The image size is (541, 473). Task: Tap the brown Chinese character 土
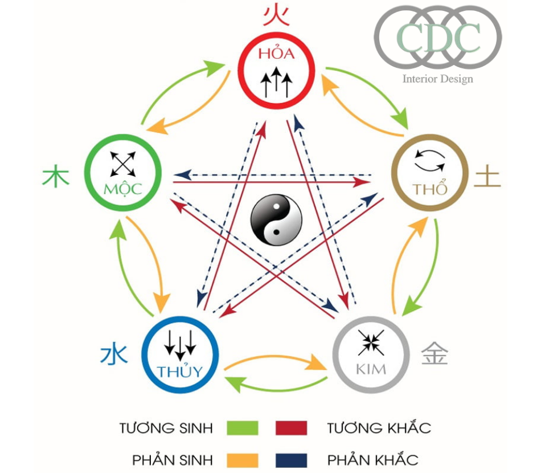(488, 176)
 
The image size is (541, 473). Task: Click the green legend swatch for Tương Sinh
(242, 428)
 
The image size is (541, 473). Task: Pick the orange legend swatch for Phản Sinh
(242, 459)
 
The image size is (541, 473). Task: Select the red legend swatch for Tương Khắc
(291, 428)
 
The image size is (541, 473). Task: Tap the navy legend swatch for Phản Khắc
(291, 459)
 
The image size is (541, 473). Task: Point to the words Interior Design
(437, 79)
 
